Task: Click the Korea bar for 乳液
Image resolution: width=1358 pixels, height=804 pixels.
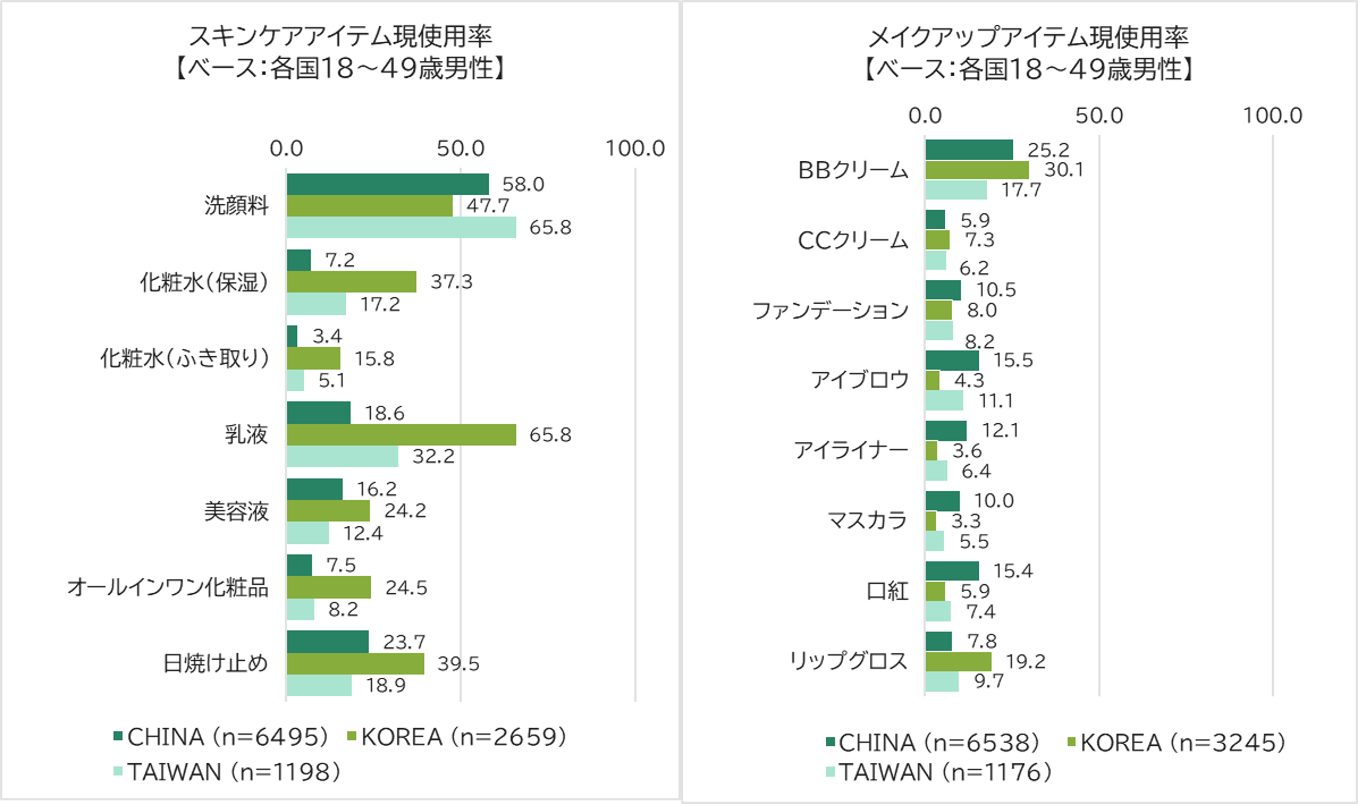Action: pos(401,434)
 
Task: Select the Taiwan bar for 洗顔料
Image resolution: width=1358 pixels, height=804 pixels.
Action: pos(401,227)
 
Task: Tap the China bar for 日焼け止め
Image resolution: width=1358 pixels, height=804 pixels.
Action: pos(328,642)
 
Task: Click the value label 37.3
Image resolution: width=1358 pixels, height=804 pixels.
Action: pos(451,282)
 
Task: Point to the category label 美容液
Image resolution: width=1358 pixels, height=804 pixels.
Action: pos(236,511)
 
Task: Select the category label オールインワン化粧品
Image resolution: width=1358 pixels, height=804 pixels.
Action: pos(168,588)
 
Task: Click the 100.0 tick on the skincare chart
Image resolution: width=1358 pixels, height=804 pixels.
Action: pos(635,148)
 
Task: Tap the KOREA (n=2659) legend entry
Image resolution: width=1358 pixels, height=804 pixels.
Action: pos(457,737)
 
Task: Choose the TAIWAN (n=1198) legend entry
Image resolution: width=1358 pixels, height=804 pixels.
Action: pos(227,772)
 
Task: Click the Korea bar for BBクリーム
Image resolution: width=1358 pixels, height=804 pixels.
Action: pos(977,170)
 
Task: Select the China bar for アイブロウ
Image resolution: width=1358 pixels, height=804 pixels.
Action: pos(952,360)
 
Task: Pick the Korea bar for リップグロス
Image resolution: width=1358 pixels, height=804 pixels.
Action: pos(958,662)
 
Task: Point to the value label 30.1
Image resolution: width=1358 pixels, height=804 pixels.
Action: pos(1064,170)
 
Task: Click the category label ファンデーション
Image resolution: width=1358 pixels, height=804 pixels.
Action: pos(830,310)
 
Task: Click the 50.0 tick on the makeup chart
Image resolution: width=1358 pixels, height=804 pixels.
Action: pos(1099,115)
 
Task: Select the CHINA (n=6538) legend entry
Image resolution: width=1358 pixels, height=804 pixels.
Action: pos(932,742)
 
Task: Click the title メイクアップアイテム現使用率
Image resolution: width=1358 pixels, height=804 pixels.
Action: pos(1028,37)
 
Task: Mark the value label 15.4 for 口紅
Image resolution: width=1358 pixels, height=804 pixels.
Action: pos(1012,571)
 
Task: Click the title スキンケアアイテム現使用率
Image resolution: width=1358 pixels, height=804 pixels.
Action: pos(340,37)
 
